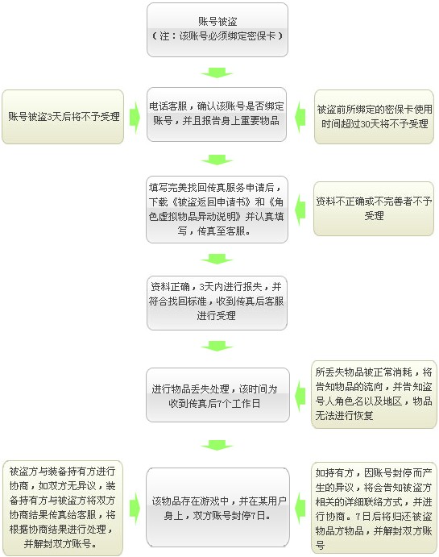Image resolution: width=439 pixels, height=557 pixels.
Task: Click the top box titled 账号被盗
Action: (x=217, y=30)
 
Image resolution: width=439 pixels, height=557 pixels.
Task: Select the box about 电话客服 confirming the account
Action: (x=217, y=114)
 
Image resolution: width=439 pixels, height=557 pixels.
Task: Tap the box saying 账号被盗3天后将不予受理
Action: (x=63, y=117)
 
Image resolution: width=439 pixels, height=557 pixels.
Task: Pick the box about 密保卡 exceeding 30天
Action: (x=374, y=117)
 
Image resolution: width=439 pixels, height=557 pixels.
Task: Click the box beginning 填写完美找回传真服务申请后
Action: (x=217, y=210)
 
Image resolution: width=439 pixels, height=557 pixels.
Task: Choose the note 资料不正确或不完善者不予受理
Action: (x=374, y=209)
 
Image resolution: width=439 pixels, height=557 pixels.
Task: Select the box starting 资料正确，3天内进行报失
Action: (x=217, y=303)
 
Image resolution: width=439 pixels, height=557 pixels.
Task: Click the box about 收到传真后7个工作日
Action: (x=217, y=395)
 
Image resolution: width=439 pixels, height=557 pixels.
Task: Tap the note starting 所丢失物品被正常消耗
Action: (x=374, y=394)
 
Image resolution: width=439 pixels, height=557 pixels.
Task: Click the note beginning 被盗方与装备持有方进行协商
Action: (x=63, y=508)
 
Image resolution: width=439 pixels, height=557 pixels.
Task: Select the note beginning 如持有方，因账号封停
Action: (x=374, y=509)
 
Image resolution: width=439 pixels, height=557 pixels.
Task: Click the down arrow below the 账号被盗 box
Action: (x=217, y=73)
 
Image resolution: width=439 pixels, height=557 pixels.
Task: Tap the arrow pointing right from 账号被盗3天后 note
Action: (x=135, y=118)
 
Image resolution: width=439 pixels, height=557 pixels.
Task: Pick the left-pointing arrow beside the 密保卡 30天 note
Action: (x=300, y=117)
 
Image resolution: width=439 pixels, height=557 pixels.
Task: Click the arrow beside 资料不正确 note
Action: (x=300, y=210)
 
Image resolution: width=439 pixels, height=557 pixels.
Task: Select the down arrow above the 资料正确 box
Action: (x=217, y=259)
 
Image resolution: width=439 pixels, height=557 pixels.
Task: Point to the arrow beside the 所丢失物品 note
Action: (x=300, y=396)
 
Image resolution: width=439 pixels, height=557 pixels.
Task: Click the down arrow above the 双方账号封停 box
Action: (x=217, y=445)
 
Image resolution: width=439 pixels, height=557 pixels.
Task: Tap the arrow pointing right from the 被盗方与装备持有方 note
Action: (x=135, y=509)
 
